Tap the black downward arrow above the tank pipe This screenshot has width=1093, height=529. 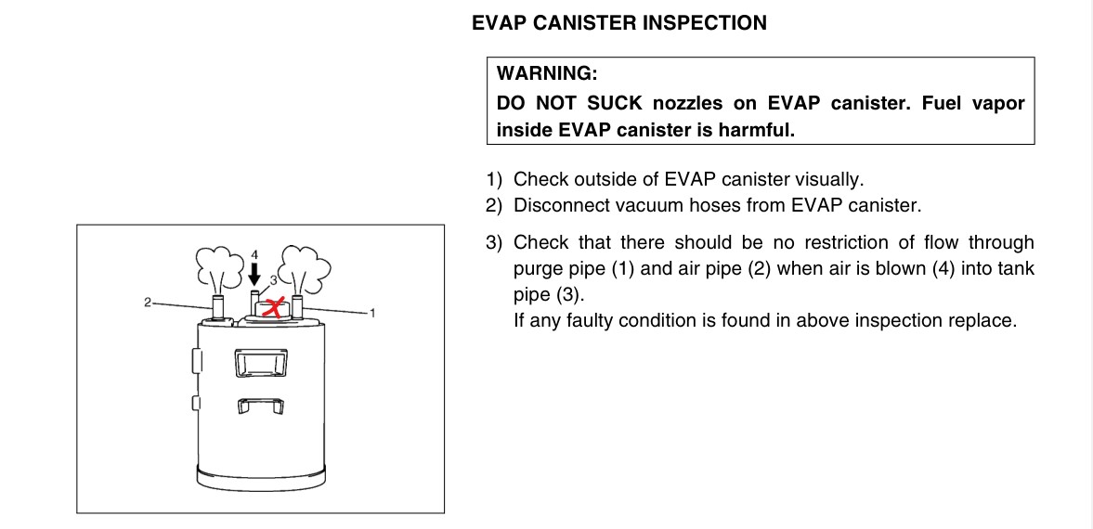click(254, 273)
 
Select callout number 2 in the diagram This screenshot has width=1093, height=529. click(147, 303)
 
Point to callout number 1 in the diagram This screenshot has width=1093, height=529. click(372, 313)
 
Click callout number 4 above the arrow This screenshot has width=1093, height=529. click(254, 254)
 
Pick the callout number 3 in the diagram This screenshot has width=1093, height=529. click(273, 279)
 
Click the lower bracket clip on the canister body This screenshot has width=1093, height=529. click(260, 405)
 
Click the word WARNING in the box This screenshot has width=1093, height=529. click(547, 73)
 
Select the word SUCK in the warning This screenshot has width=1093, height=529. click(614, 103)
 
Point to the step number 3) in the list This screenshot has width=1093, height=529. click(493, 242)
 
